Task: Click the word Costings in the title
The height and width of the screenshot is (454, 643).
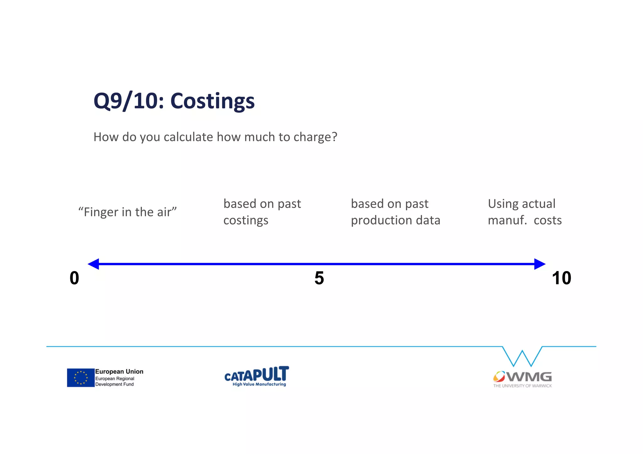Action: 212,101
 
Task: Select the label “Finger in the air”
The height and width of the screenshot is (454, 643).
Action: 127,212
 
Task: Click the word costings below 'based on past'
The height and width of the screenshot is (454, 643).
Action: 246,220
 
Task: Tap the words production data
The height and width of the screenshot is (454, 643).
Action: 395,220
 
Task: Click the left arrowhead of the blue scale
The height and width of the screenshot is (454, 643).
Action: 94,264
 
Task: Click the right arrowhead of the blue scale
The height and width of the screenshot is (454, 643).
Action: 539,264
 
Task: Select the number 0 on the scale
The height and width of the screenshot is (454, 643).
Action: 74,278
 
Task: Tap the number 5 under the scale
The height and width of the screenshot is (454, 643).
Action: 319,278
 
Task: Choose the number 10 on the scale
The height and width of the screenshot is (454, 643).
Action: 561,278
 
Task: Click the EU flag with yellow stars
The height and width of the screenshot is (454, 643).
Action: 81,377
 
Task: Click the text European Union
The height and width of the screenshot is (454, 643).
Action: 119,371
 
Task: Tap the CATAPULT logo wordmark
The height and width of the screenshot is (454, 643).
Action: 257,374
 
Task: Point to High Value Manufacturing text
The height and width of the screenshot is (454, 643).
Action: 259,384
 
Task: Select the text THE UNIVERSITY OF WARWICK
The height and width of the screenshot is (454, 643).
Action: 522,386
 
